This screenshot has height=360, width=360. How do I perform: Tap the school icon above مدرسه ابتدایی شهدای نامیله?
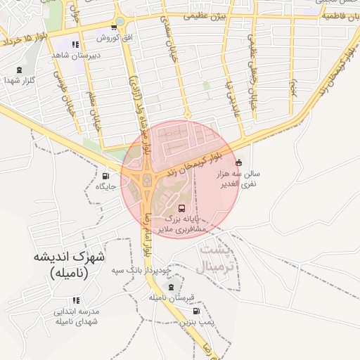coord(76,300)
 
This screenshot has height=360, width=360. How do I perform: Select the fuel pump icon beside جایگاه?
coord(106,176)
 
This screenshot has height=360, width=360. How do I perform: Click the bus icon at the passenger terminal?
coord(183,209)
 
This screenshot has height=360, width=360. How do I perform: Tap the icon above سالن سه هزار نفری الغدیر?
coord(238,163)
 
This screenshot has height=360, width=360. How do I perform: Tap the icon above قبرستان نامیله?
coord(170,287)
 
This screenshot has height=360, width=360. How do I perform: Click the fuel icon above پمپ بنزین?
coord(195,311)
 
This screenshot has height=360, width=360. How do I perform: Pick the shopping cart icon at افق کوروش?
coord(113,27)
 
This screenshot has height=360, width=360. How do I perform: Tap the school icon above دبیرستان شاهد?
coord(75,44)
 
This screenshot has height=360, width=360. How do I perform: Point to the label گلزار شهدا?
coord(19,81)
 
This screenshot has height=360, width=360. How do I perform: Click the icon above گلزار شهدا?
coord(19,70)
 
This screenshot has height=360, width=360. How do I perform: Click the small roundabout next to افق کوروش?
coord(120,22)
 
